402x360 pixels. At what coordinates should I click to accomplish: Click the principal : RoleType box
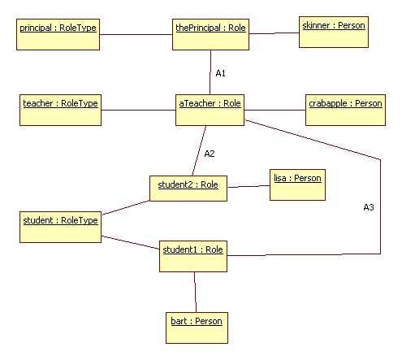[58, 34]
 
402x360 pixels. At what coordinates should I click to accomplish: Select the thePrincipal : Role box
[210, 34]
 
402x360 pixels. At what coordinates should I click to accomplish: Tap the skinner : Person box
[334, 32]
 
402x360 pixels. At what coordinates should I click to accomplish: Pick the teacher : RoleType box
[60, 110]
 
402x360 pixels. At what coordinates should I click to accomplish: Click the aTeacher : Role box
[210, 110]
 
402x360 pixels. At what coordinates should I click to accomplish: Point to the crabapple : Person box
[345, 110]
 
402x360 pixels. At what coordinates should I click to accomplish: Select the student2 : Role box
[188, 189]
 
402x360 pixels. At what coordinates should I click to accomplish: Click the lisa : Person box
[297, 185]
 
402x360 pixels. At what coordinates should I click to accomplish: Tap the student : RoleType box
[60, 227]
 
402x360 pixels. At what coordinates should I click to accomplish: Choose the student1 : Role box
[193, 256]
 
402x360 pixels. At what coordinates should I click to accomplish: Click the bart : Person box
[197, 327]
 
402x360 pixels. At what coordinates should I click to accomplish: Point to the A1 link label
[221, 73]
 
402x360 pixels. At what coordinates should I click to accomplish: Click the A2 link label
[210, 154]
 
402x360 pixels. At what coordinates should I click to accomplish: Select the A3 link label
[369, 207]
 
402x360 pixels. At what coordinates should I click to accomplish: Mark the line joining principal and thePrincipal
[136, 34]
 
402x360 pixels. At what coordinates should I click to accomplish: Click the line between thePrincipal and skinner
[274, 33]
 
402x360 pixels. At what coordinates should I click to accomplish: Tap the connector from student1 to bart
[195, 292]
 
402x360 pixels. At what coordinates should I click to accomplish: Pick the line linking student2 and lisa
[249, 186]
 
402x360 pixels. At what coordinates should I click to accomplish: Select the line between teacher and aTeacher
[138, 110]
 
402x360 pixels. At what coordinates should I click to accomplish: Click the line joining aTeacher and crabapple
[274, 110]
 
